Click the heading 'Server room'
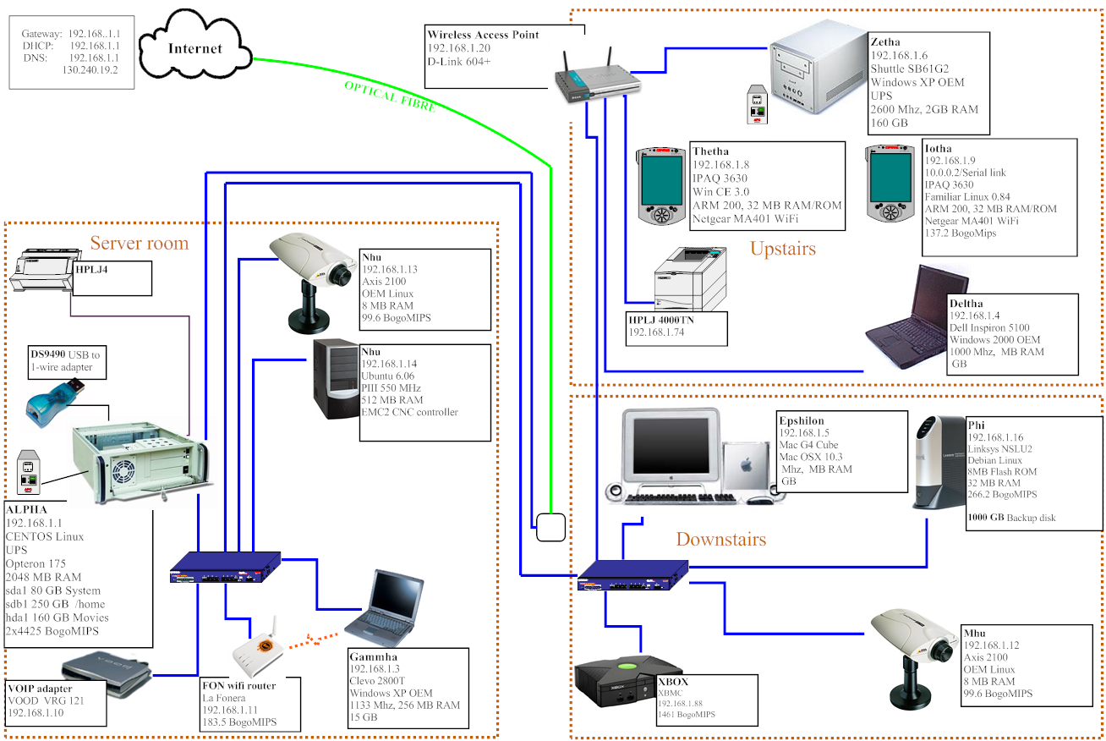[139, 244]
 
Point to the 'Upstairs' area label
[782, 249]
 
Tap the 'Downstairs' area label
[720, 539]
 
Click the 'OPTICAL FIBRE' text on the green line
[390, 96]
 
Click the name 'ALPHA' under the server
[27, 510]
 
